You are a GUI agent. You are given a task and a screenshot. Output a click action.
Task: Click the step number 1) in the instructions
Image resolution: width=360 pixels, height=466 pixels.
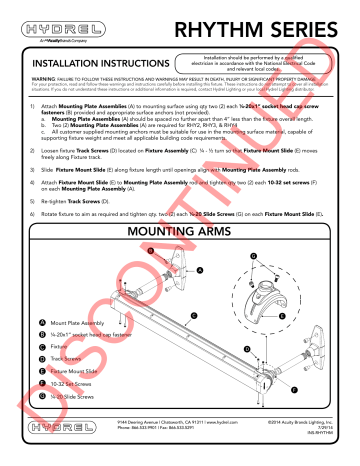pos(36,104)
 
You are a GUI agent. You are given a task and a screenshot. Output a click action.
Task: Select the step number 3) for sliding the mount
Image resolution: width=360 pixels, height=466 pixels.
pos(36,171)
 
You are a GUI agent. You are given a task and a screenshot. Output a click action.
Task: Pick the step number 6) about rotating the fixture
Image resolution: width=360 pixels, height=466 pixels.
pos(36,214)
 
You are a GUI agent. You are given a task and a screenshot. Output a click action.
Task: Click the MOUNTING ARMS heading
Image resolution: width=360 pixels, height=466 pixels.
pos(180,237)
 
